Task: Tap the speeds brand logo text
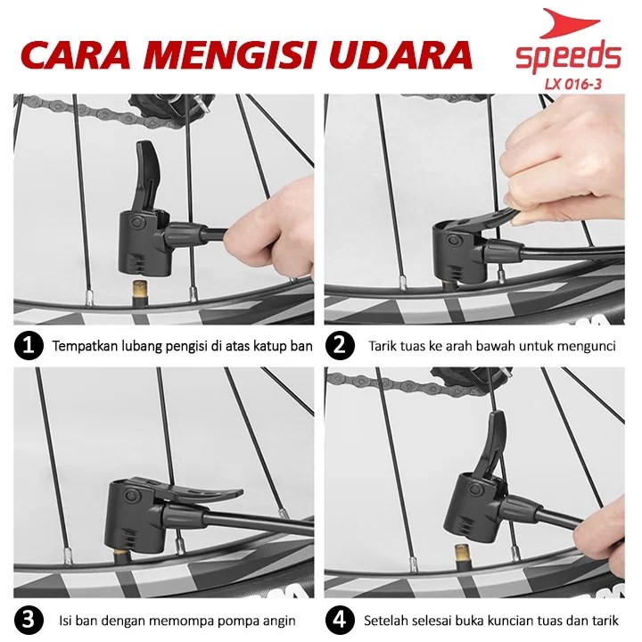568,58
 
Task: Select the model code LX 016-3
572,85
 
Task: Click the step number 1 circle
29,345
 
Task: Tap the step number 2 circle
340,345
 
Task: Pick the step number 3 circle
29,620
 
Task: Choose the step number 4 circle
340,620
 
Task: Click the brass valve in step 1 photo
141,291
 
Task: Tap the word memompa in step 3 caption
180,621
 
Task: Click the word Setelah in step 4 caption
386,621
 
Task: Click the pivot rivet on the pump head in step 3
132,497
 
